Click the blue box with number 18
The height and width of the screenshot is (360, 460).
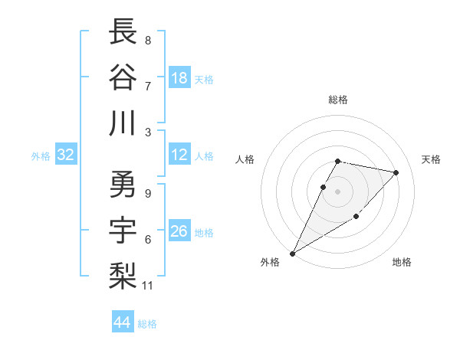point(179,78)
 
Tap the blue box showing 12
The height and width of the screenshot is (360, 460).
point(179,155)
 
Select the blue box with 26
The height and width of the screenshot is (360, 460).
point(179,231)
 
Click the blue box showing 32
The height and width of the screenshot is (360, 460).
point(66,155)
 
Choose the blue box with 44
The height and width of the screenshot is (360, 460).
point(123,322)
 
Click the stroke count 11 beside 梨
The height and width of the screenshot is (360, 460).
point(148,286)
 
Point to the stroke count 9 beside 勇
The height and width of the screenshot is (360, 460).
point(147,193)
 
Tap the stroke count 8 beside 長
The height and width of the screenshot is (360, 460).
point(147,41)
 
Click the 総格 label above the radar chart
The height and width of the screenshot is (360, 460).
point(338,100)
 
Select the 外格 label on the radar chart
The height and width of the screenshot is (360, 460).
point(270,263)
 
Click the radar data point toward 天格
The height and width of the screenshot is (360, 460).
point(396,172)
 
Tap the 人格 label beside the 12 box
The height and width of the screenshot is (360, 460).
point(204,155)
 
